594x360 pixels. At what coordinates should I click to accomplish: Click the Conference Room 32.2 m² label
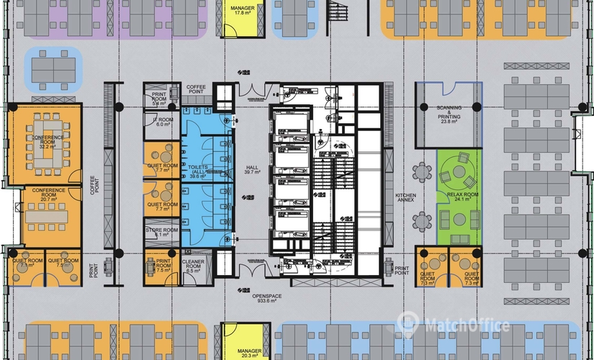tap(47, 141)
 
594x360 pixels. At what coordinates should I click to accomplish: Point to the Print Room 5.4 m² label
tap(160, 99)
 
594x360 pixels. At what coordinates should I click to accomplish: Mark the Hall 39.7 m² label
tap(251, 168)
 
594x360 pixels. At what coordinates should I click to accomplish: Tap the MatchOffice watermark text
tap(464, 326)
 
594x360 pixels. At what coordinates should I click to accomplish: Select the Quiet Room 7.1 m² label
tap(27, 264)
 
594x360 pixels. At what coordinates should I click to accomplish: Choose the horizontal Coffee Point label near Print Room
tap(197, 89)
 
